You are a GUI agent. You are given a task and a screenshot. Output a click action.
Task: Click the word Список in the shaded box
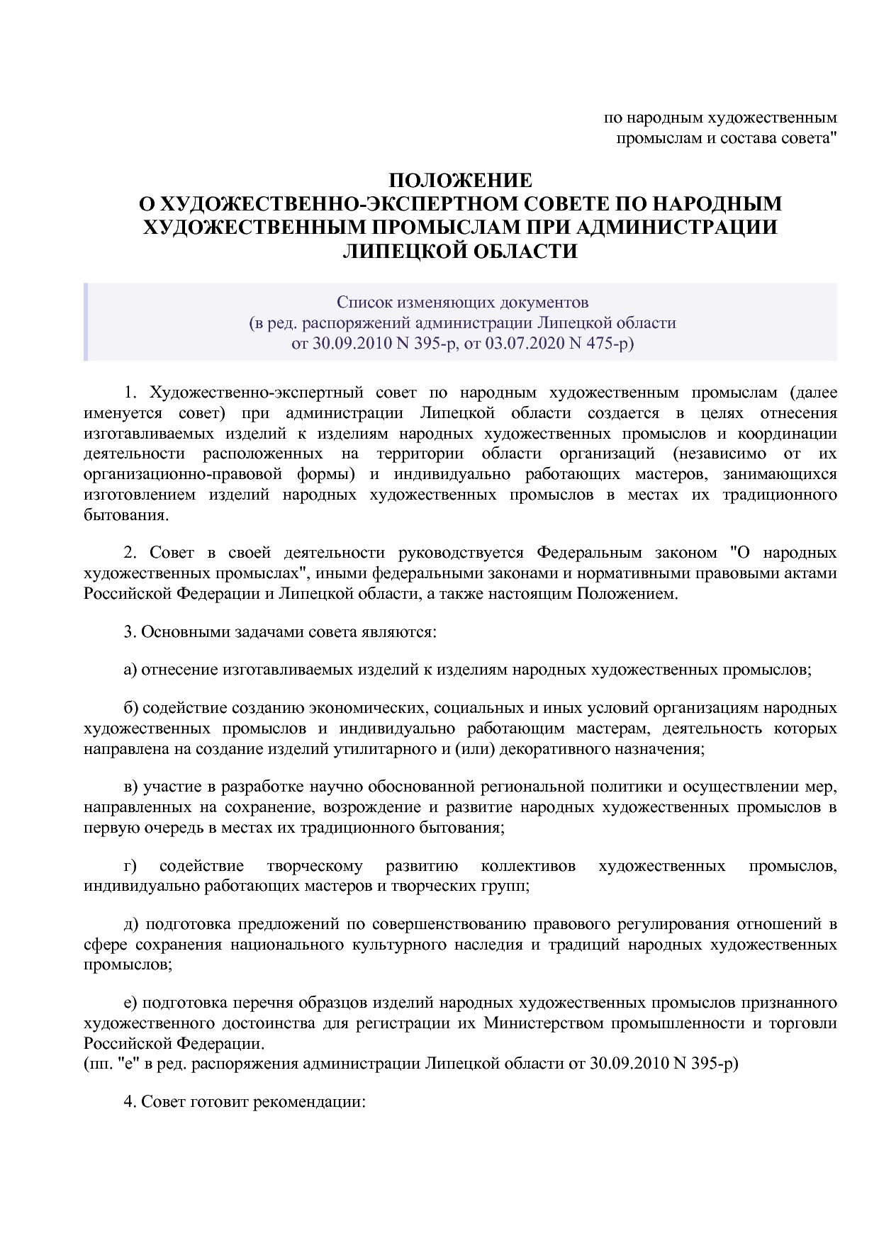pyautogui.click(x=361, y=303)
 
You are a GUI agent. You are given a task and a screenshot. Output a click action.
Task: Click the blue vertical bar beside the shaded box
pyautogui.click(x=86, y=322)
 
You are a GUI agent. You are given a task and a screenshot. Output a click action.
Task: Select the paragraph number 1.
pyautogui.click(x=128, y=393)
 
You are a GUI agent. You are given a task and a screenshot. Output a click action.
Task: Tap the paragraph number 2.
pyautogui.click(x=128, y=553)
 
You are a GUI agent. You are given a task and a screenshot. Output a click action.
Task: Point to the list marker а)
pyautogui.click(x=130, y=669)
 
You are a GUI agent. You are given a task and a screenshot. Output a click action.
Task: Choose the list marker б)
pyautogui.click(x=130, y=708)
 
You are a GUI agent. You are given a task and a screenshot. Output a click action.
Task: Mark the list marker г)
pyautogui.click(x=130, y=866)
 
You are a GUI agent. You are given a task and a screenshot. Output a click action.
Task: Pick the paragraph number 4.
pyautogui.click(x=128, y=1103)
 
